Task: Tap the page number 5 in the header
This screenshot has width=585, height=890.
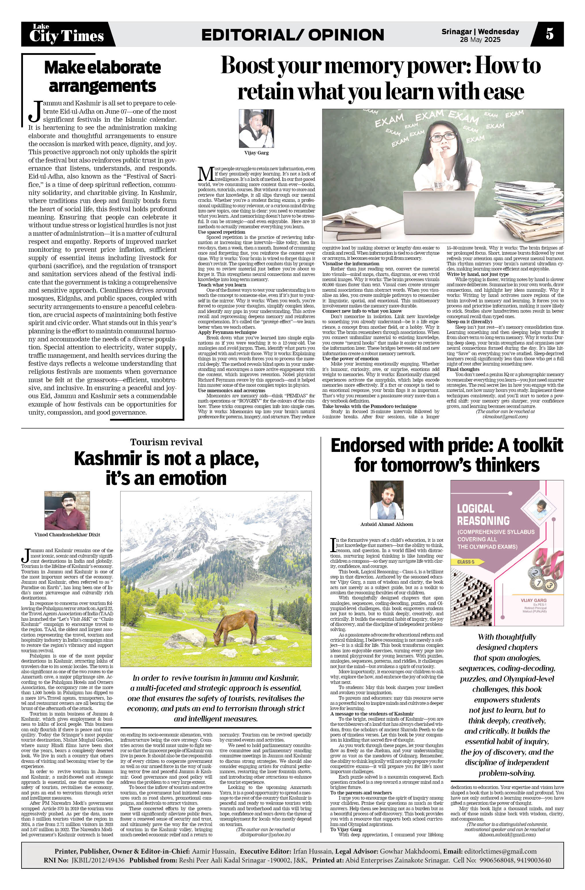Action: click(549, 34)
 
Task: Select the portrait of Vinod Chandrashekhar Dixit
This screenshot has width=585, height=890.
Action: click(67, 510)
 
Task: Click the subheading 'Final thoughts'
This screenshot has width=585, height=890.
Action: click(463, 369)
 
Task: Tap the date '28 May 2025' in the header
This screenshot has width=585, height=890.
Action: click(480, 40)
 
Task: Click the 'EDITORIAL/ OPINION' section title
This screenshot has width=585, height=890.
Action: click(292, 35)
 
